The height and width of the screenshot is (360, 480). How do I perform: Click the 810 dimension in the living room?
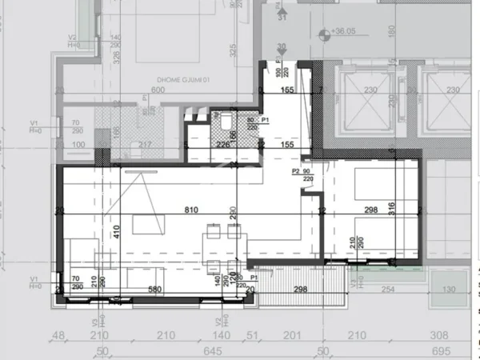pyautogui.click(x=190, y=211)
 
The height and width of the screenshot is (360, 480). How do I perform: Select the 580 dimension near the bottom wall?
pyautogui.click(x=154, y=289)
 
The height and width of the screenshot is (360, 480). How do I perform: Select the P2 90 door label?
pyautogui.click(x=302, y=170)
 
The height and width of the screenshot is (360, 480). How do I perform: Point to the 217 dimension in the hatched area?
pyautogui.click(x=144, y=145)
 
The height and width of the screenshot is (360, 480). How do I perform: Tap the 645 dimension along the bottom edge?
pyautogui.click(x=213, y=350)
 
